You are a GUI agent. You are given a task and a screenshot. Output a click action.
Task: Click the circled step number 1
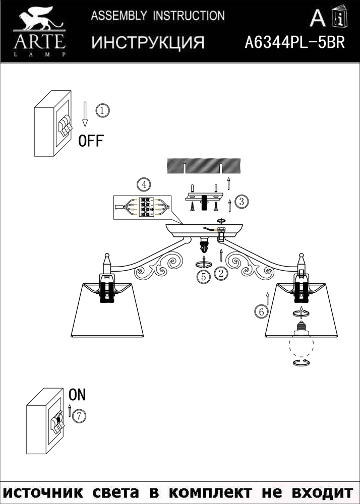click(x=102, y=111)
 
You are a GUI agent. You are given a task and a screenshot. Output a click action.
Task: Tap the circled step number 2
click(x=220, y=274)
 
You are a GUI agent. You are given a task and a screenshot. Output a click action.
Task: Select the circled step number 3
click(x=242, y=202)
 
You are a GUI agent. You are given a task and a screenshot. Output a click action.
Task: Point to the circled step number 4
click(x=144, y=185)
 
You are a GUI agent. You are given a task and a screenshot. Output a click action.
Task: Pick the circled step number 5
click(x=204, y=277)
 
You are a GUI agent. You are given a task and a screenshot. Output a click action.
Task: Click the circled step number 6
click(x=261, y=311)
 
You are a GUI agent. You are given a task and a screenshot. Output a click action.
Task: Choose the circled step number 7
click(x=79, y=416)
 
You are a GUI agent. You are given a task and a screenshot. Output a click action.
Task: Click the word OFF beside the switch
click(x=91, y=141)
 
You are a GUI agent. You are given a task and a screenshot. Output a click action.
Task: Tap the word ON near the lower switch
click(x=78, y=395)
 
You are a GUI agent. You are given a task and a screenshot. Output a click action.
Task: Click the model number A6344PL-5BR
click(x=295, y=42)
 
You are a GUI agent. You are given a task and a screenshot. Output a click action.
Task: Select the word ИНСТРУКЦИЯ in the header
click(x=148, y=42)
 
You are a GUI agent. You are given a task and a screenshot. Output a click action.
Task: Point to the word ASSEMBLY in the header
click(x=119, y=16)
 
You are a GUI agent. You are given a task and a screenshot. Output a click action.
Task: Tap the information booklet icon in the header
click(x=339, y=16)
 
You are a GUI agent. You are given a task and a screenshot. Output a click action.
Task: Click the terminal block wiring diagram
click(x=142, y=208)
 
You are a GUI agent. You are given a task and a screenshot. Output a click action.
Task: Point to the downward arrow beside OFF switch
click(x=85, y=114)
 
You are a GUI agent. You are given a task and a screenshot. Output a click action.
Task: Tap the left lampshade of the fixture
click(x=107, y=310)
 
